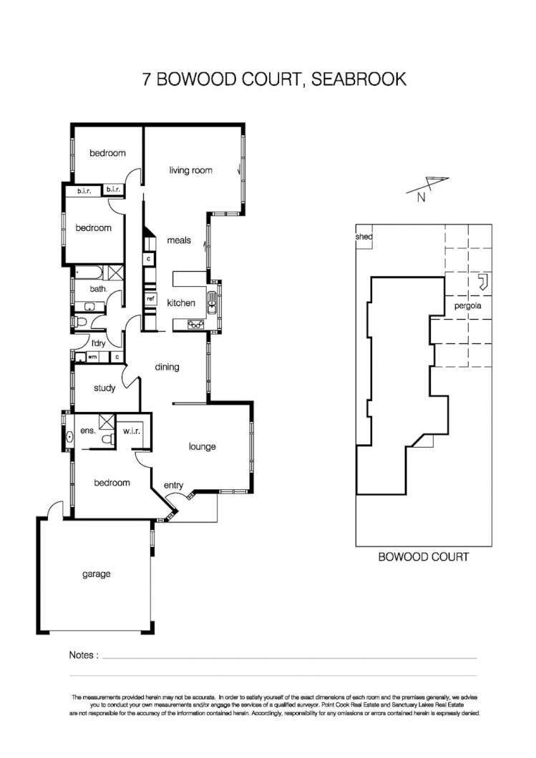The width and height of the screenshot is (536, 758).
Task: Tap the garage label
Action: click(96, 574)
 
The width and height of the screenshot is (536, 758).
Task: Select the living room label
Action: click(190, 170)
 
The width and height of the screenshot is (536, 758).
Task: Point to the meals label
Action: click(179, 240)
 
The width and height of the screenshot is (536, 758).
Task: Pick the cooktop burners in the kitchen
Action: click(195, 324)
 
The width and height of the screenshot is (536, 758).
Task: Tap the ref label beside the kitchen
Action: click(150, 298)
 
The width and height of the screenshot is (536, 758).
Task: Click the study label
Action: click(104, 388)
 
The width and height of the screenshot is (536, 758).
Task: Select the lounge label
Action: click(202, 447)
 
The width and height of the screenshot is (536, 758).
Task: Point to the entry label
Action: click(173, 486)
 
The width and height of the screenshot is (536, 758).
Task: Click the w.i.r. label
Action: click(131, 431)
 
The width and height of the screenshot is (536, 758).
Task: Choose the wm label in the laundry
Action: click(92, 355)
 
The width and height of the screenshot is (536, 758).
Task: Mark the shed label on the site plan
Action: click(364, 237)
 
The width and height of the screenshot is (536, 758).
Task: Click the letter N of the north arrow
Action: click(421, 199)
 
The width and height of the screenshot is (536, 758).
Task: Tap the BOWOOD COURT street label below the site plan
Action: click(423, 556)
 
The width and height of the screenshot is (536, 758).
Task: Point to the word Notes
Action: click(83, 654)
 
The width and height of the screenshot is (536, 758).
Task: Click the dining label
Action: click(167, 367)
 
